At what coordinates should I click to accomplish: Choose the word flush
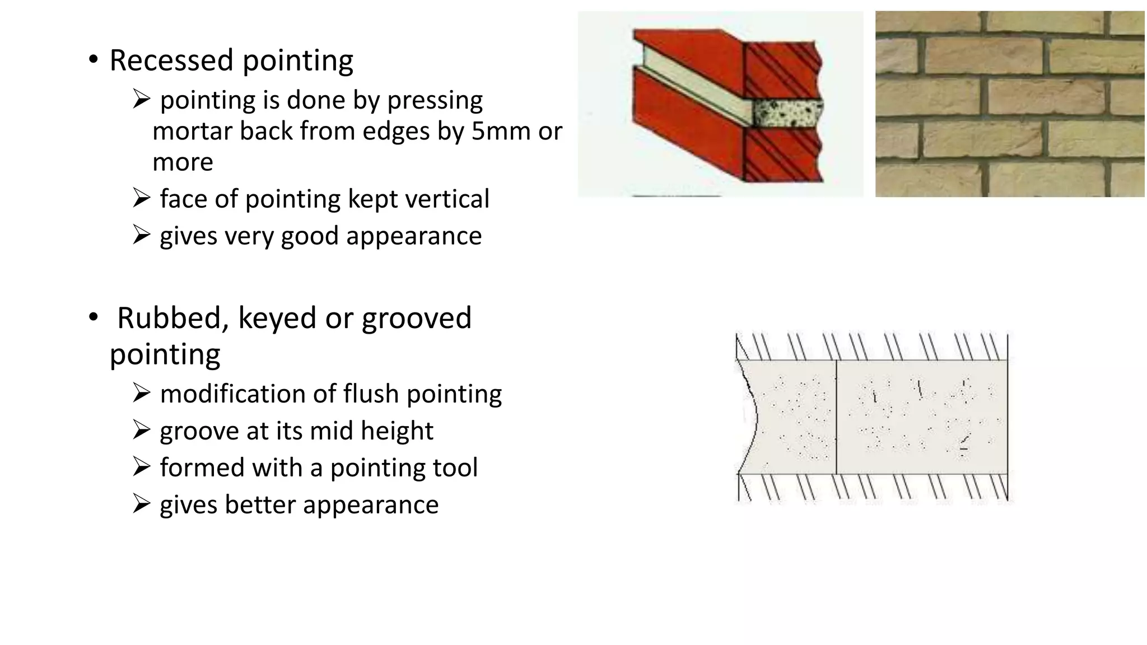click(371, 394)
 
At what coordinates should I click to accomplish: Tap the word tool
click(455, 468)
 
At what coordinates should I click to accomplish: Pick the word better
click(261, 504)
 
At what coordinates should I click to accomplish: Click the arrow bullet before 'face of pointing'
click(141, 198)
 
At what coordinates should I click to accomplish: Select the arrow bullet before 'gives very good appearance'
click(141, 235)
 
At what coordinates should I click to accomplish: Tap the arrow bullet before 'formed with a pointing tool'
click(141, 467)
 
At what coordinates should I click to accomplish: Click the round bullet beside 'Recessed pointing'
click(93, 59)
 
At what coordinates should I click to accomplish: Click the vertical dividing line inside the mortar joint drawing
click(836, 417)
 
